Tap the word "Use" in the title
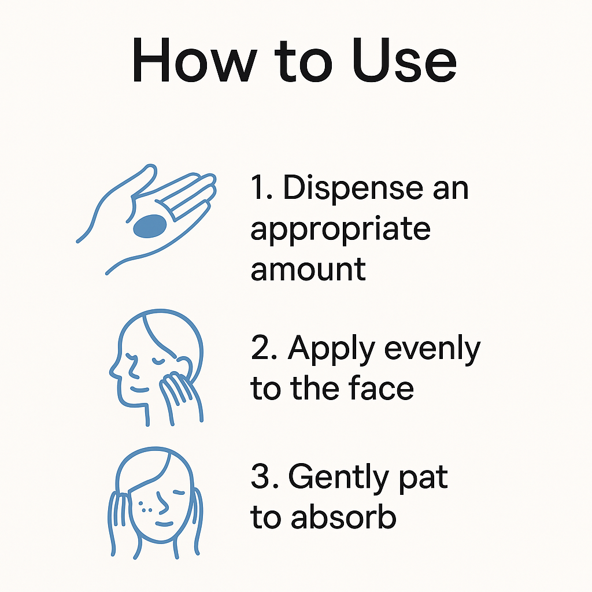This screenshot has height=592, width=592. [x=404, y=60]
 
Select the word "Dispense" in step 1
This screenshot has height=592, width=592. [x=353, y=188]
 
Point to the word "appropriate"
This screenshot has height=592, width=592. [x=340, y=229]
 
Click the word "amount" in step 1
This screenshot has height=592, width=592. [x=308, y=269]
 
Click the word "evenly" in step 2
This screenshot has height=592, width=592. [x=432, y=350]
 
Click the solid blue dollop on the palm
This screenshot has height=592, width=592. [x=150, y=226]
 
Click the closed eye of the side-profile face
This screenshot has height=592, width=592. [x=158, y=361]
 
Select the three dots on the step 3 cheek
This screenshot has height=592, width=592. [x=145, y=506]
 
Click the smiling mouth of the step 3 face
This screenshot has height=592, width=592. [x=164, y=524]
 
